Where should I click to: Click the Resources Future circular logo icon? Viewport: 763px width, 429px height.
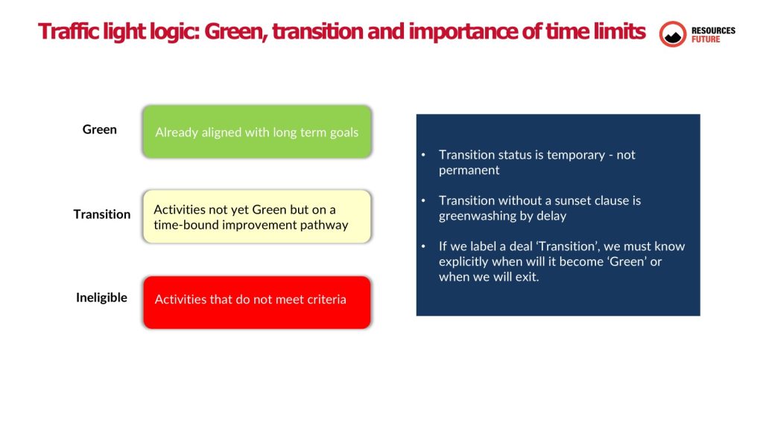click(x=673, y=34)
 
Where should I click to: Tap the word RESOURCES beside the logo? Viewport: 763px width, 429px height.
click(x=713, y=30)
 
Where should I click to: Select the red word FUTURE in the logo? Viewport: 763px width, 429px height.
click(x=706, y=39)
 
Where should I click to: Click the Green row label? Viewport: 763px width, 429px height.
click(x=99, y=130)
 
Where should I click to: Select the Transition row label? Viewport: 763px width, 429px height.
click(x=101, y=214)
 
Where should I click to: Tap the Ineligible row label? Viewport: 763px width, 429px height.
click(x=101, y=297)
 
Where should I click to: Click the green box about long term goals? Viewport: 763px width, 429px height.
click(x=257, y=131)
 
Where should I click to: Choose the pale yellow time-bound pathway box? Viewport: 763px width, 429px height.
click(x=257, y=217)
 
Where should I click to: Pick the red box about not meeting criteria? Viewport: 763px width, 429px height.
click(x=257, y=302)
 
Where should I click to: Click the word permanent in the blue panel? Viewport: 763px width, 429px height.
click(x=469, y=171)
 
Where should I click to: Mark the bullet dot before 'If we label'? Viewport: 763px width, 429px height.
click(x=423, y=247)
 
